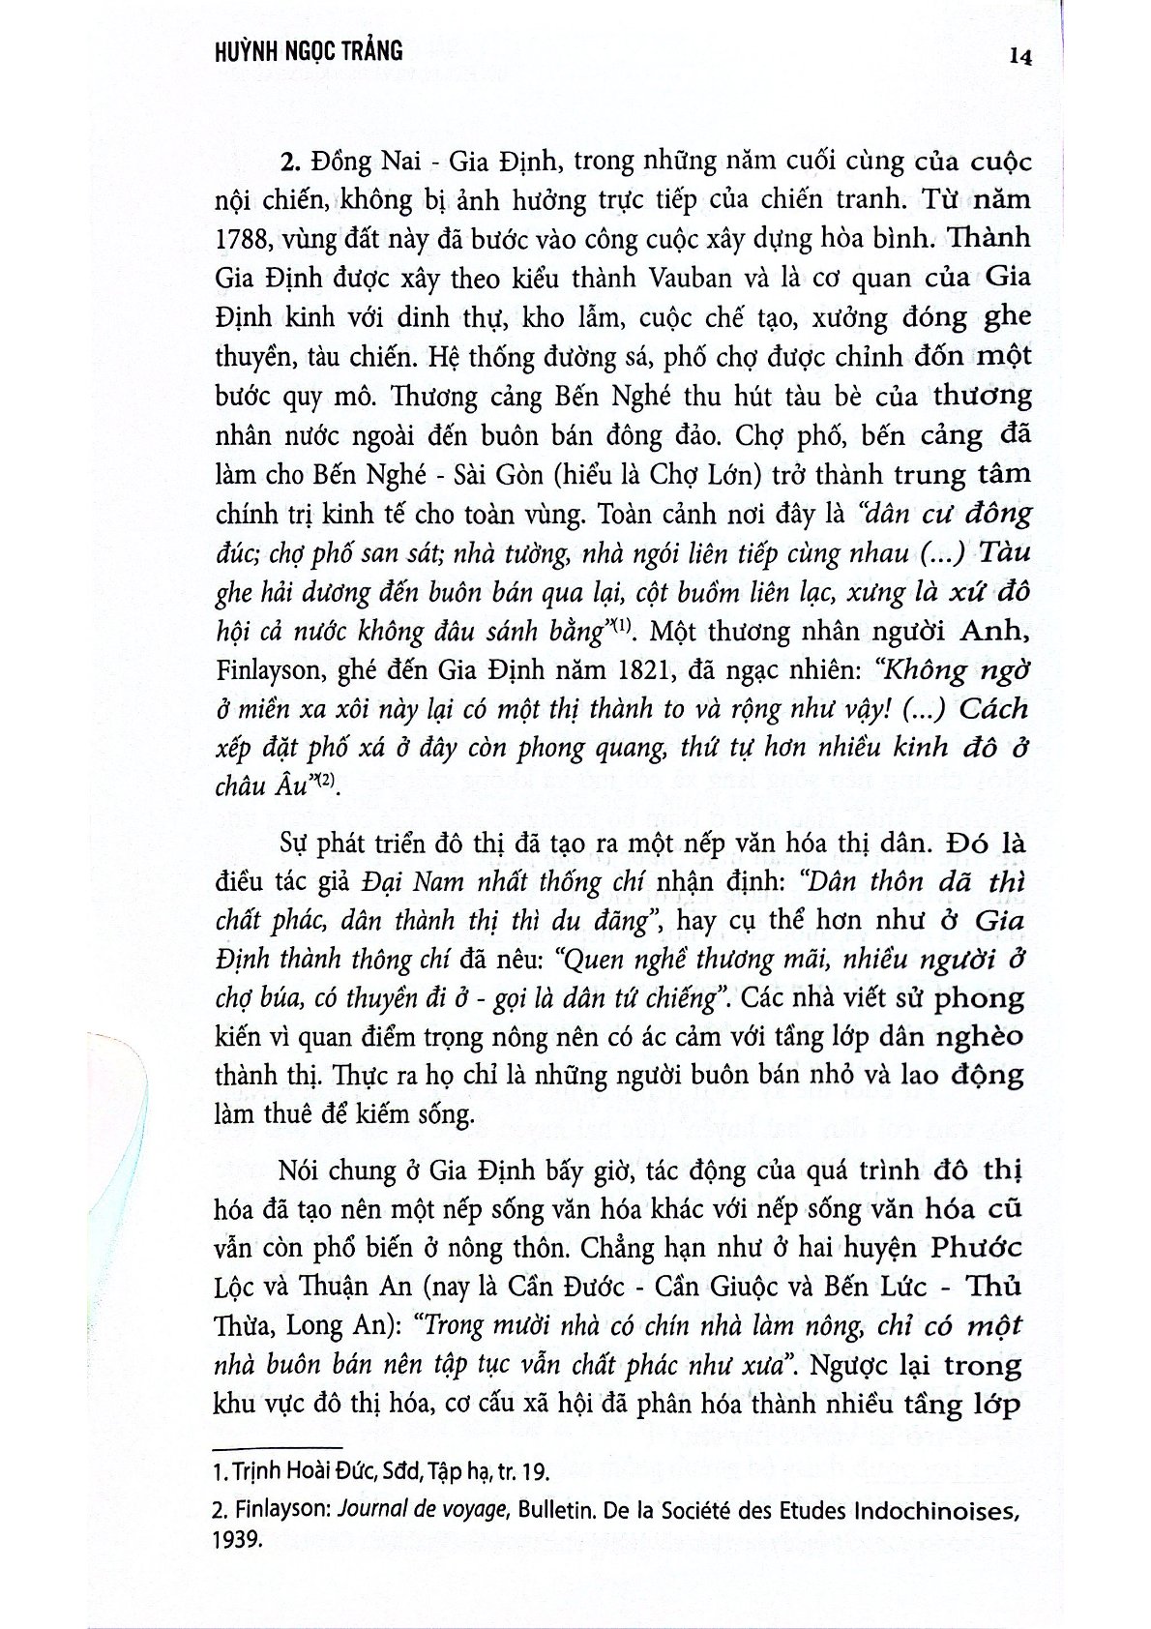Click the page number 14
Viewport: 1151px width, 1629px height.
[x=1019, y=56]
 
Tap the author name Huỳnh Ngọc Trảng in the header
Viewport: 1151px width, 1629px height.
[x=307, y=49]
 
